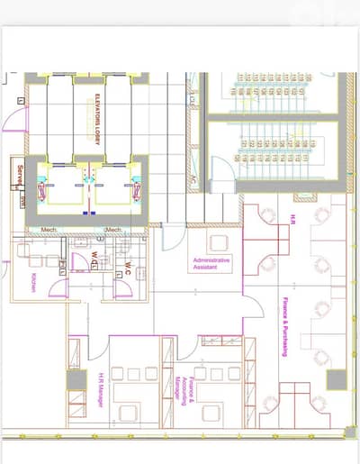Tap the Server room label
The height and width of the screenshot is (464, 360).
tap(17, 171)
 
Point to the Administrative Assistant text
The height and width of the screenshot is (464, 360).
tap(212, 263)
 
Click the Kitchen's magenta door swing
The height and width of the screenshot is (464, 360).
tap(58, 288)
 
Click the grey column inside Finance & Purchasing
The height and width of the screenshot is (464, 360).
tap(335, 379)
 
